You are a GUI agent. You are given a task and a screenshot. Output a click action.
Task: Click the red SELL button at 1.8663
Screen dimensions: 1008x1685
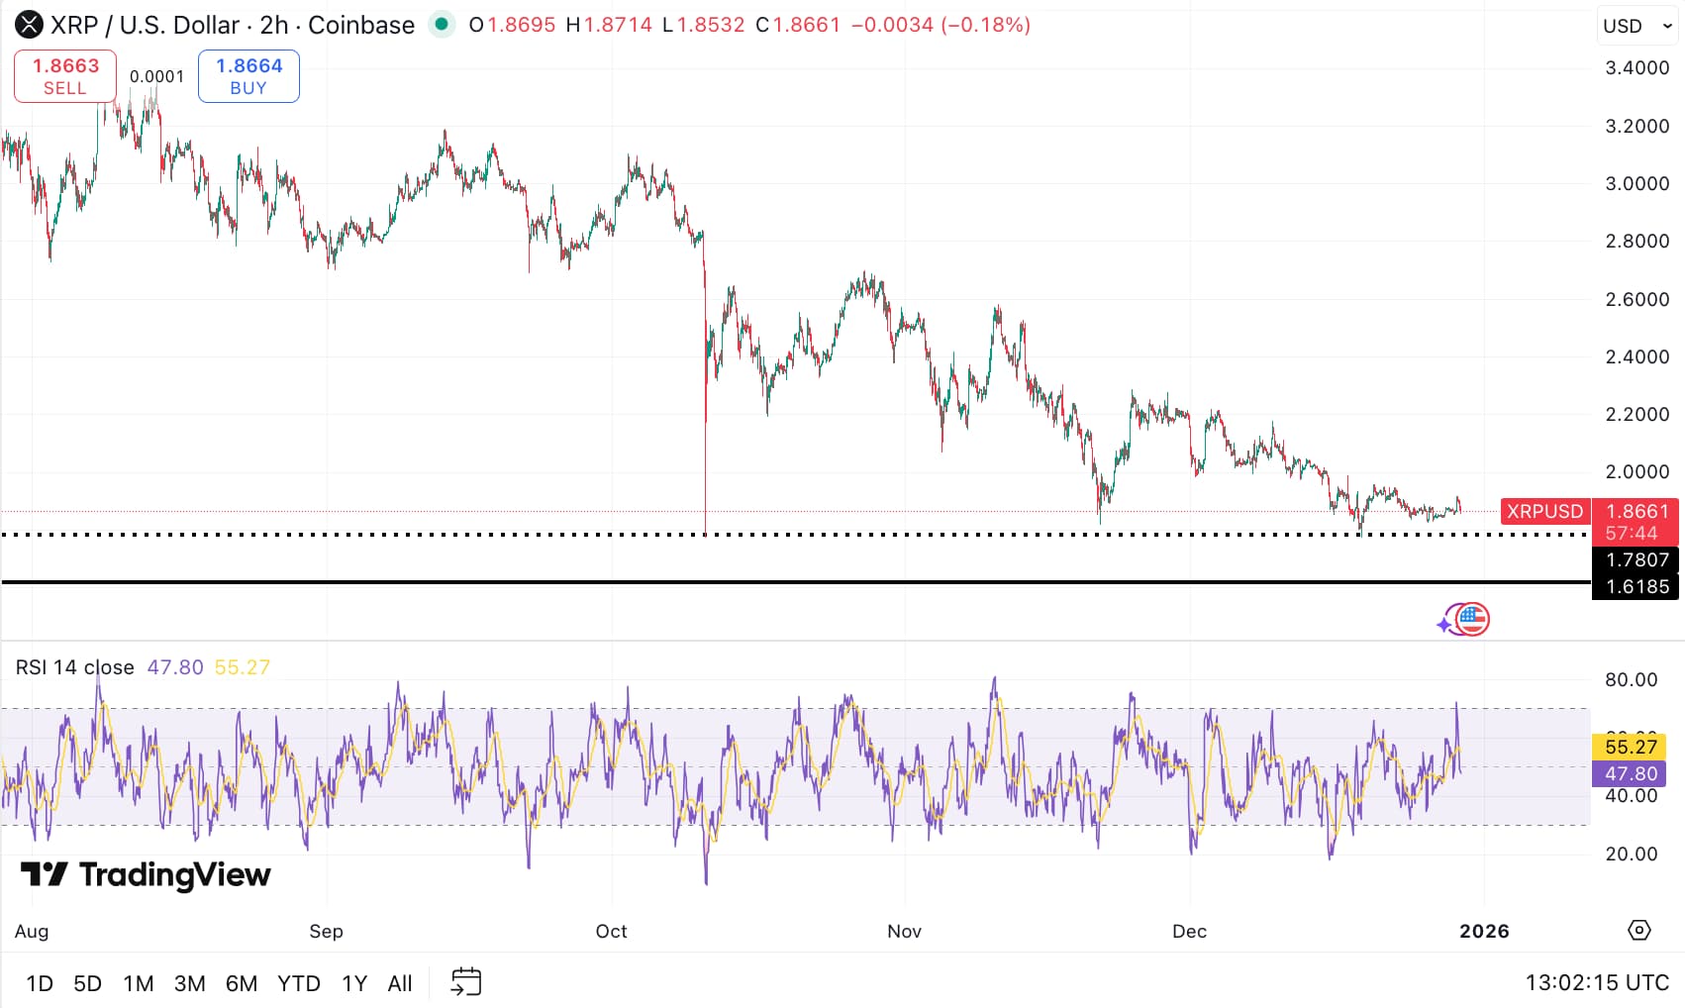(65, 76)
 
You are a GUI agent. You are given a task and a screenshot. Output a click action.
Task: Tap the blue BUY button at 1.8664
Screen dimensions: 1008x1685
(248, 76)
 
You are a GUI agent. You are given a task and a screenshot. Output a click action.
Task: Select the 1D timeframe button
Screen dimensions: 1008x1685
(40, 983)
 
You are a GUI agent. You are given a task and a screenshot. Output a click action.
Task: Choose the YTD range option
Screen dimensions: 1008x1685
(298, 983)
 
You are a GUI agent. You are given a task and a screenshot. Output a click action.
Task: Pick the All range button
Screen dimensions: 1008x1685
(400, 983)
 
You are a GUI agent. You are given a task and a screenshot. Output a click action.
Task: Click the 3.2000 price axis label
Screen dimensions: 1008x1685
(1636, 126)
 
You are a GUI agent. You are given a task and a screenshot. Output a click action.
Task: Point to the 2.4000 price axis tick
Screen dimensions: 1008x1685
(1636, 356)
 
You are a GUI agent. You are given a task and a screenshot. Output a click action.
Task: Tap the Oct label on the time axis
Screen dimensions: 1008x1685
(611, 931)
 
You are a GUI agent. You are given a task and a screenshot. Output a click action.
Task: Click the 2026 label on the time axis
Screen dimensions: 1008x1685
(1484, 931)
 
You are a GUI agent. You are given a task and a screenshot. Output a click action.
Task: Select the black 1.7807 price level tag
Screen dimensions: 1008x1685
(1636, 559)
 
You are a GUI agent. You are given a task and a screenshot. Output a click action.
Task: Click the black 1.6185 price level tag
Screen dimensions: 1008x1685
(1636, 586)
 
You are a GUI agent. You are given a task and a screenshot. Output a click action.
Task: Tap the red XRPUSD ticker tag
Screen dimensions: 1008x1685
(1544, 511)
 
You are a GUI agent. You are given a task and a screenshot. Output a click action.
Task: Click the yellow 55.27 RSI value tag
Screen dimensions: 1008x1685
(1631, 747)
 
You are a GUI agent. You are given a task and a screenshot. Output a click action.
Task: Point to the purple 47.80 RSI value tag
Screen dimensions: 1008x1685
(1631, 773)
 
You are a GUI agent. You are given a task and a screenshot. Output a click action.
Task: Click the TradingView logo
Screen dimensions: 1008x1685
(146, 874)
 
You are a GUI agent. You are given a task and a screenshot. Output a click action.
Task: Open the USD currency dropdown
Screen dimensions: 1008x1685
(1637, 26)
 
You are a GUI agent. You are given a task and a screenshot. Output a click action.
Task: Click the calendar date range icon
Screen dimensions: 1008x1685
(465, 982)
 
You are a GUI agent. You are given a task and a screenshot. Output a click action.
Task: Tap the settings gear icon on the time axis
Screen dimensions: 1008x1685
(1639, 930)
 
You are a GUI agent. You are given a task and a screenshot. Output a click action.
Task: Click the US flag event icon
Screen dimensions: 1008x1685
(1472, 620)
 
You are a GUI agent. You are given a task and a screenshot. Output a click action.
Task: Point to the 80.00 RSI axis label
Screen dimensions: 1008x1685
(1631, 679)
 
